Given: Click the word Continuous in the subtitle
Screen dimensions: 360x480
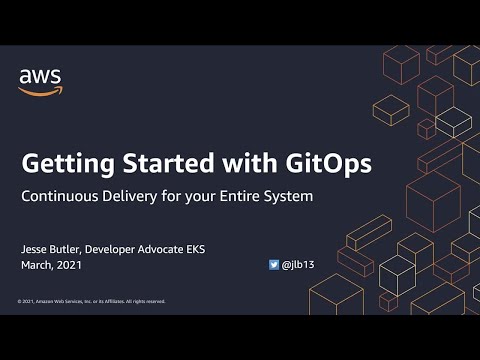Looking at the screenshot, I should tap(62, 196).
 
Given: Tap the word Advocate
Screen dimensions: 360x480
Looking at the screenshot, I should tap(199, 248).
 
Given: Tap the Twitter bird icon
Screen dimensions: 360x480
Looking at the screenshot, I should tap(274, 265).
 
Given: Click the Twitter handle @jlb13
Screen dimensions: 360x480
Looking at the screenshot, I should tap(298, 265).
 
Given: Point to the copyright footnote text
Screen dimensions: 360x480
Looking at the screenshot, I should tap(91, 301).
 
